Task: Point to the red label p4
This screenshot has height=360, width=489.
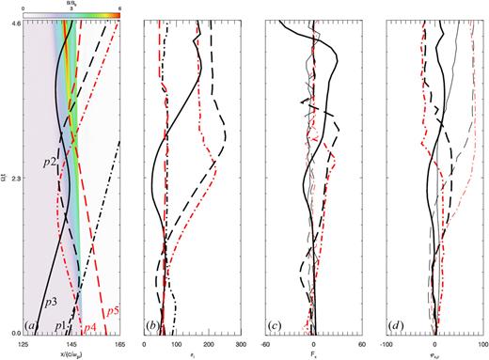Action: [91, 327]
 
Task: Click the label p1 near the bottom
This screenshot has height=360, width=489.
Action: [60, 325]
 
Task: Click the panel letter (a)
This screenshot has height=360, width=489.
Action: [32, 326]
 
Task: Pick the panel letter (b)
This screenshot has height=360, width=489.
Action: [151, 326]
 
